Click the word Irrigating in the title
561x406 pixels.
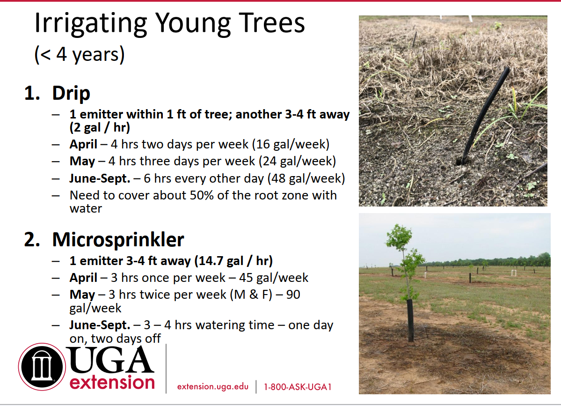(90, 24)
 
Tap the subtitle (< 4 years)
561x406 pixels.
(80, 54)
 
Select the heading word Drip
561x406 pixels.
(71, 94)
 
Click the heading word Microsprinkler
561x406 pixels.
(118, 239)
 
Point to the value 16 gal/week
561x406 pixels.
(291, 144)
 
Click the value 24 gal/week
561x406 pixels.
(297, 161)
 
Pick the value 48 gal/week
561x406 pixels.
(306, 178)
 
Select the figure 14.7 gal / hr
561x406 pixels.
(233, 261)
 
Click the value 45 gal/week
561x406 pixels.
(274, 278)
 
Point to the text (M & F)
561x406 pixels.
(251, 295)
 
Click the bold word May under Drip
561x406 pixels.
(82, 162)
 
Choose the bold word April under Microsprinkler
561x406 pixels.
(83, 278)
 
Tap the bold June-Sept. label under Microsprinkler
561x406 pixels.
(100, 325)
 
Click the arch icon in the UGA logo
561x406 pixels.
(42, 366)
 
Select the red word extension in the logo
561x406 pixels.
(112, 383)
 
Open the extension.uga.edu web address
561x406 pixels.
(213, 387)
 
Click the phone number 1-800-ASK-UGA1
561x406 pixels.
(298, 387)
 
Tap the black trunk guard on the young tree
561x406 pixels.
(410, 320)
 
